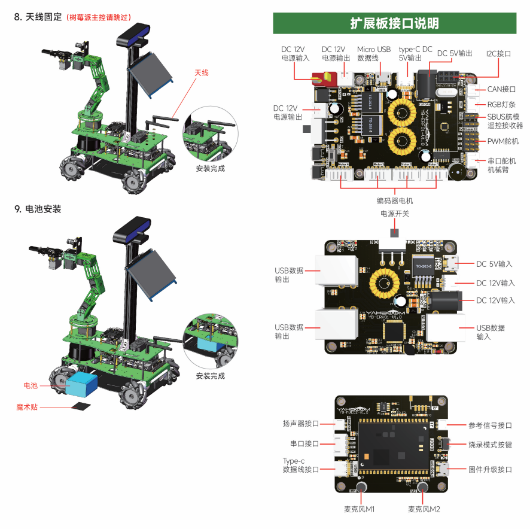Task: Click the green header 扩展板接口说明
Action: (394, 23)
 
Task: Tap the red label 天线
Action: (202, 72)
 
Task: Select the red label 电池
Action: (31, 385)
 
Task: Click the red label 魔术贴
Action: (27, 407)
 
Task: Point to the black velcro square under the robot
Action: (80, 406)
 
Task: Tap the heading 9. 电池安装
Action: (38, 209)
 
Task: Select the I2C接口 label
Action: (498, 53)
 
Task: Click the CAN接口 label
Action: (501, 89)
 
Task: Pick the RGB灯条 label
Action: (501, 104)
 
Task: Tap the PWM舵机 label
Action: (503, 141)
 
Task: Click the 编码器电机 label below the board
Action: (394, 200)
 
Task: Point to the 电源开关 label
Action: (395, 214)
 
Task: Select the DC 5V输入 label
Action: (495, 264)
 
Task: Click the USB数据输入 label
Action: (490, 332)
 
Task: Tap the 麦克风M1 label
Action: (359, 509)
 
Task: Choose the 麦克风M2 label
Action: (424, 509)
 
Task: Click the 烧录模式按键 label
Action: (490, 445)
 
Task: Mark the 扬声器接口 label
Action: (301, 424)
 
